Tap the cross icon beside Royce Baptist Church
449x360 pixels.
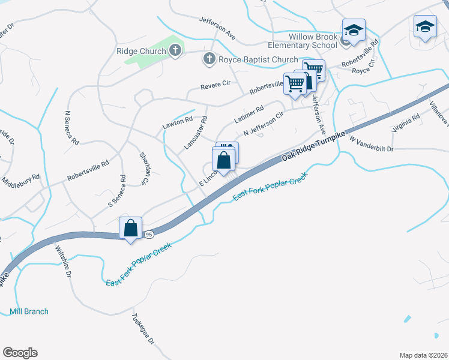[209, 59]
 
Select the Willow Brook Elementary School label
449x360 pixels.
[304, 40]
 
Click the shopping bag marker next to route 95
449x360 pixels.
[130, 229]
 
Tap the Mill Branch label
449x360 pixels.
[29, 311]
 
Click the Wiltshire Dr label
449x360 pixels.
[64, 262]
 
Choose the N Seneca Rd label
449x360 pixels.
[71, 128]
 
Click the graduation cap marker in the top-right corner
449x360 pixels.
[425, 26]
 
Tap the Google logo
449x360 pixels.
[20, 353]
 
